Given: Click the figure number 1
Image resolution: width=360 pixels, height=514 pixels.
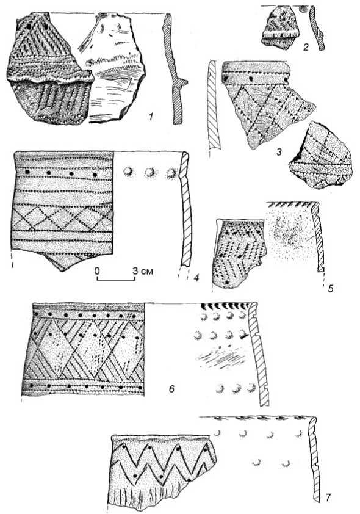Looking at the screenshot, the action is pos(151,116).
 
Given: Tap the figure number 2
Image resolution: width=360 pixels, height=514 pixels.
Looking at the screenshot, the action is pos(306,48).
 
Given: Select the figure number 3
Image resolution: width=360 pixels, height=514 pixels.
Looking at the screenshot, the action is pos(279,152).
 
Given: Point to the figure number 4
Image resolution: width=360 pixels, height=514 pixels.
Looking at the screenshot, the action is pos(196,278).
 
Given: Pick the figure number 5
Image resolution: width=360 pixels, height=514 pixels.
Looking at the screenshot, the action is pos(331,289).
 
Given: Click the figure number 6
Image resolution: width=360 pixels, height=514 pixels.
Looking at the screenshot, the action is pos(171,389).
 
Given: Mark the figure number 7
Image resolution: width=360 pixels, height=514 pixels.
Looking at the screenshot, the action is pos(328,498).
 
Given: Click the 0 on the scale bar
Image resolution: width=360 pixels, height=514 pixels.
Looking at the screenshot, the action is pos(97,271).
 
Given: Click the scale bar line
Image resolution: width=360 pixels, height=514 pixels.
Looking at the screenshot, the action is pos(116,280).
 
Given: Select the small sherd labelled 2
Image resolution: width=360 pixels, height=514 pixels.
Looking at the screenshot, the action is pos(281,28).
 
